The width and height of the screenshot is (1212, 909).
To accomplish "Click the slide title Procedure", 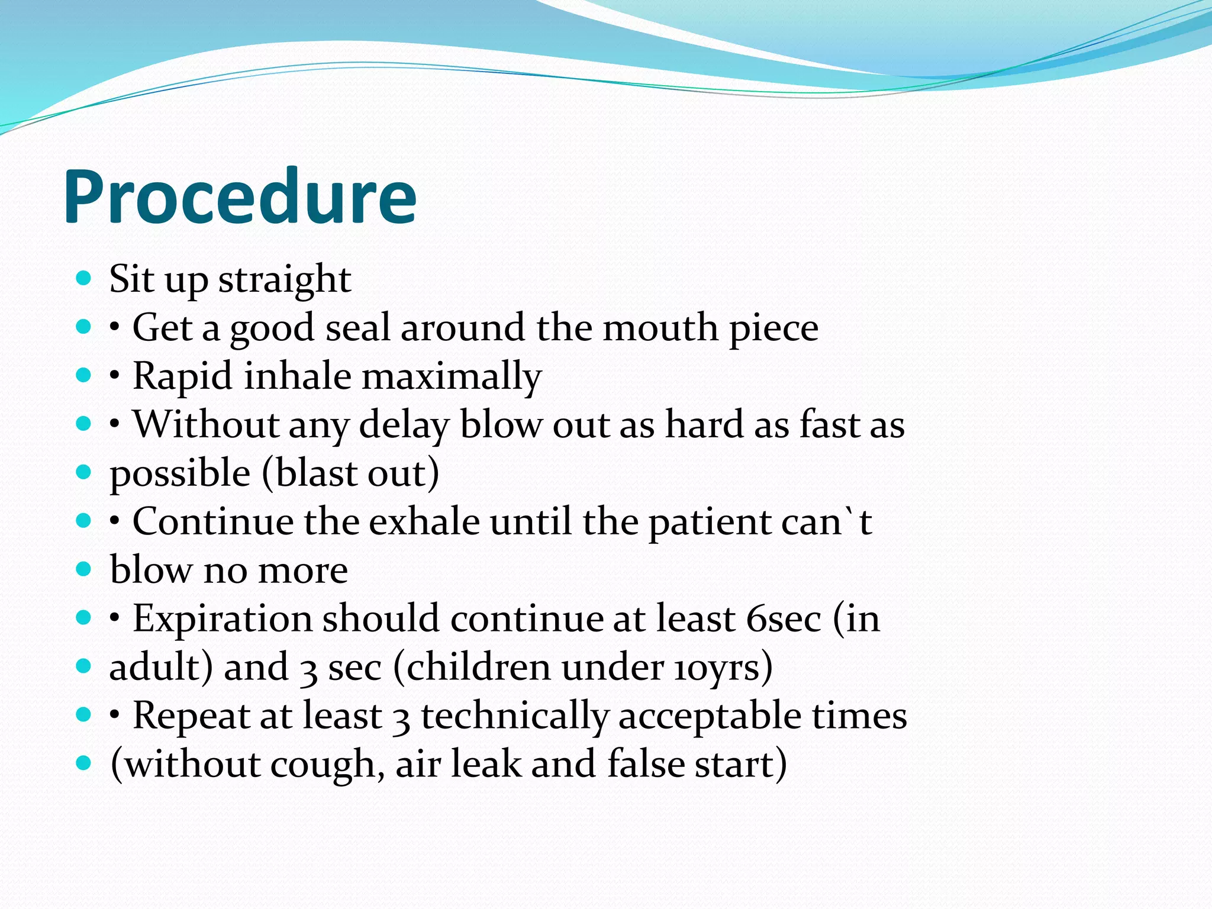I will (240, 197).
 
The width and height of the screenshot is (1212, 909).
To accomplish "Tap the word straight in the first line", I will (285, 279).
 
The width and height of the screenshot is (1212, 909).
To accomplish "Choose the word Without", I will (206, 424).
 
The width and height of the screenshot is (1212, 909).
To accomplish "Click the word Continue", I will (212, 521).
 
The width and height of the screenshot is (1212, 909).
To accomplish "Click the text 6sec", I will (784, 618).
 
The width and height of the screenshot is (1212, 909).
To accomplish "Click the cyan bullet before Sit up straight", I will (84, 278).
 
